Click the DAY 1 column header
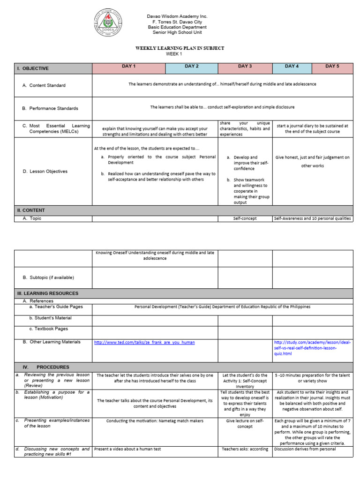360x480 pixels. click(128, 67)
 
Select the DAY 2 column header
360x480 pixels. click(192, 67)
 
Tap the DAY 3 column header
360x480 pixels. click(245, 67)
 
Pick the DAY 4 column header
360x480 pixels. click(292, 67)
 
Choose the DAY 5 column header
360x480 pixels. click(332, 67)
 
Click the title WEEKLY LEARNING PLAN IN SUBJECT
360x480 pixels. click(180, 48)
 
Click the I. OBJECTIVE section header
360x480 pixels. click(33, 68)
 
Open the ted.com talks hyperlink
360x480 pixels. click(144, 343)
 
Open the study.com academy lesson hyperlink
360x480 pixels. click(312, 348)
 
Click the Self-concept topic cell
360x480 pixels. click(245, 218)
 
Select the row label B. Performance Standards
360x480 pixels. click(50, 108)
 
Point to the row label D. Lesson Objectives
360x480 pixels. click(45, 172)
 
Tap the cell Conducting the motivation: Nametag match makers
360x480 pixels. click(155, 421)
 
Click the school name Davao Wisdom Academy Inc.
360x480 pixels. click(177, 16)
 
